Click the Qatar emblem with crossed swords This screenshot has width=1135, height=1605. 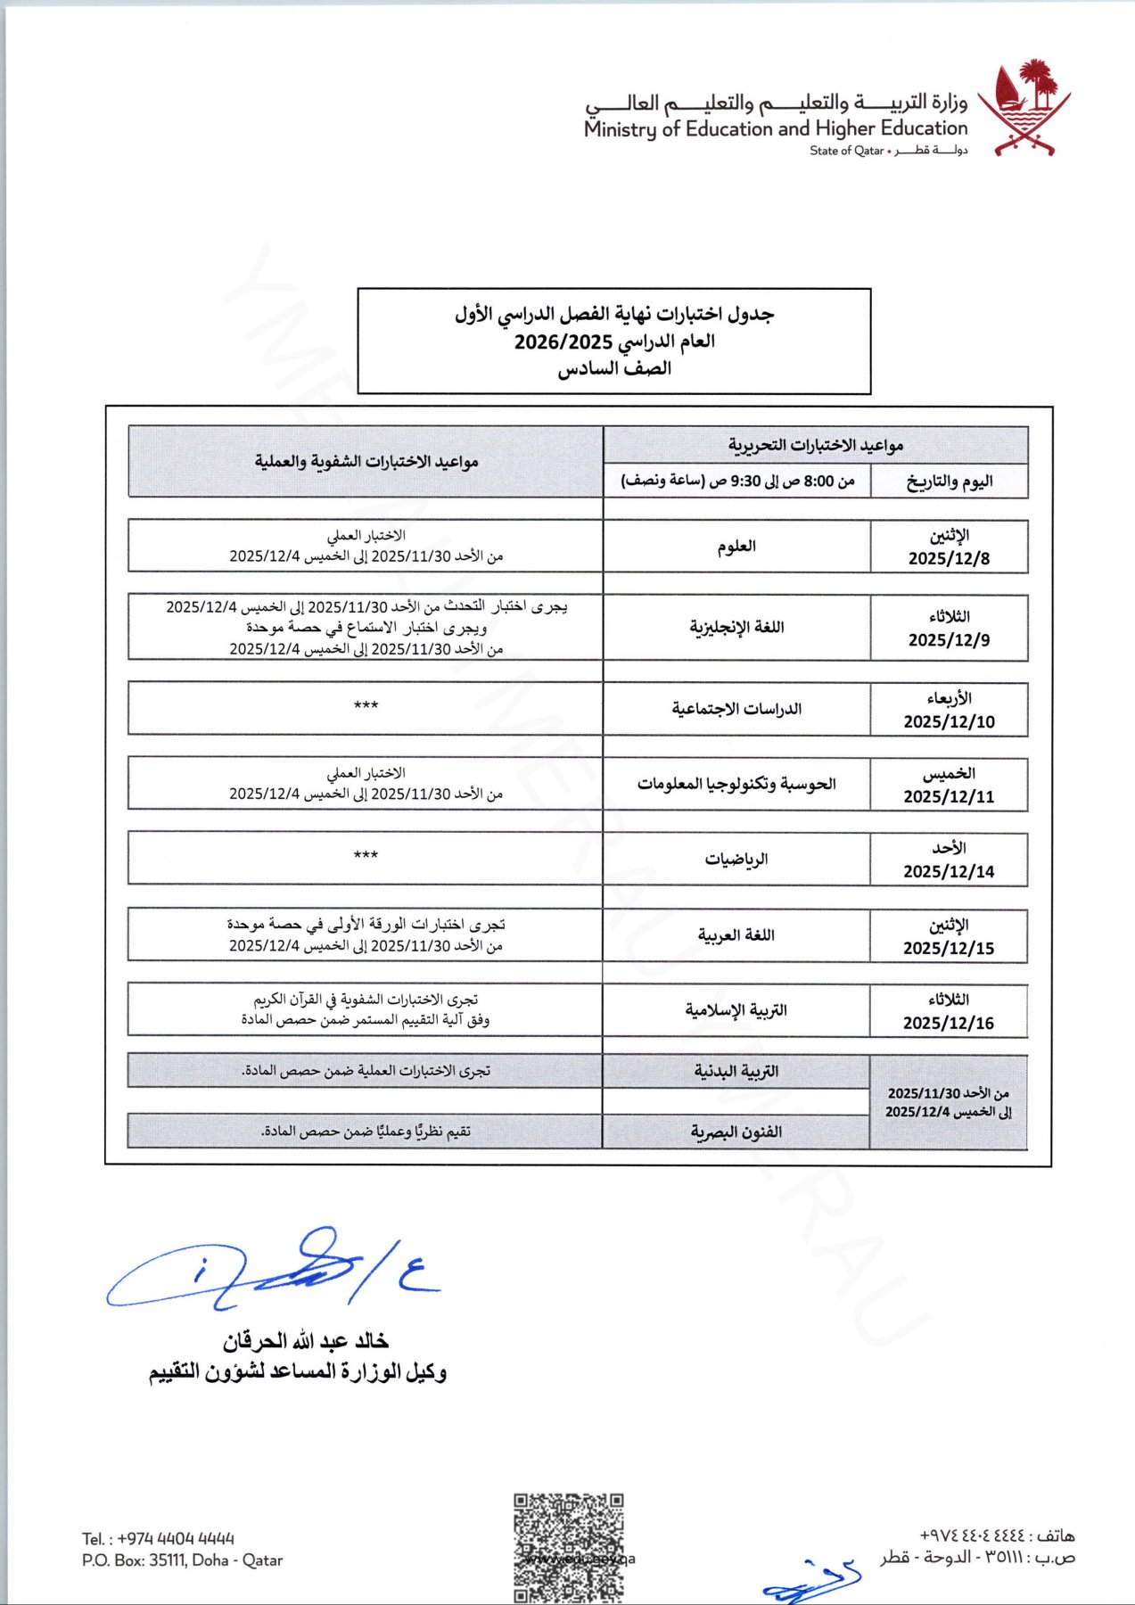click(x=1024, y=109)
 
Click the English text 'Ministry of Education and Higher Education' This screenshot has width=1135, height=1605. click(x=776, y=129)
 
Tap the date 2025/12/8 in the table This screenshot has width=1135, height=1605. click(x=949, y=558)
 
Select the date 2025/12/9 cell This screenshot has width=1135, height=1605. click(x=949, y=639)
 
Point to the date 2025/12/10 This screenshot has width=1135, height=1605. click(x=949, y=721)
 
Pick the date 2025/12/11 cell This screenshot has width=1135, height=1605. click(x=949, y=796)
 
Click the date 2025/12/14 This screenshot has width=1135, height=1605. click(x=949, y=871)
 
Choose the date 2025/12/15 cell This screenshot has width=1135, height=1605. click(x=949, y=948)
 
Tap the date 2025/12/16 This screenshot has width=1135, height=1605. click(x=949, y=1023)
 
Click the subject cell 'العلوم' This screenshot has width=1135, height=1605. click(x=736, y=546)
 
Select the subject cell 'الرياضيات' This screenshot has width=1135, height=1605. click(x=736, y=859)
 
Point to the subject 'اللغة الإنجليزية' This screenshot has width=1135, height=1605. click(x=736, y=627)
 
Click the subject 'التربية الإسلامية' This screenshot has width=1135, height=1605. click(x=736, y=1010)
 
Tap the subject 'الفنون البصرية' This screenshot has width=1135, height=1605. click(x=736, y=1132)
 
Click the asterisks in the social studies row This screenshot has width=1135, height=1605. click(x=366, y=706)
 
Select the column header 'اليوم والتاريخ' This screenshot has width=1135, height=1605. click(x=949, y=481)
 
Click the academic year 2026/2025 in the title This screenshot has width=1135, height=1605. click(x=563, y=342)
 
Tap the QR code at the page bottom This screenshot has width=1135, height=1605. click(x=568, y=1547)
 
